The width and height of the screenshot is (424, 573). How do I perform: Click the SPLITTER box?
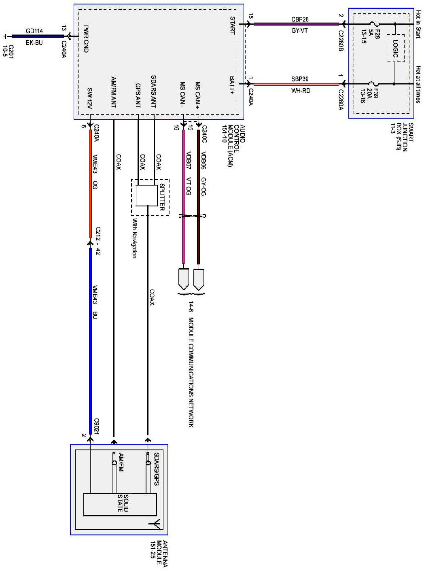click(x=146, y=196)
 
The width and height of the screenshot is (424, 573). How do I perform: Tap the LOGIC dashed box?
click(x=395, y=49)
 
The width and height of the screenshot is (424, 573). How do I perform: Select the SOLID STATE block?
click(x=120, y=504)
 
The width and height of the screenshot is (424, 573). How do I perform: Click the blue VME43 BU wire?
click(x=90, y=340)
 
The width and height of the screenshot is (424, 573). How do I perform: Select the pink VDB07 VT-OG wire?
click(x=183, y=194)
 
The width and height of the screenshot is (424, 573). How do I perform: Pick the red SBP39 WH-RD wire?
click(x=295, y=84)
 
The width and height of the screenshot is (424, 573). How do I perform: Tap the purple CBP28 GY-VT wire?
click(x=295, y=24)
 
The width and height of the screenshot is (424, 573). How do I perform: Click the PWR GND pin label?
click(x=86, y=39)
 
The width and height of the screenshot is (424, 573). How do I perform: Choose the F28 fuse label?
click(x=377, y=32)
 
